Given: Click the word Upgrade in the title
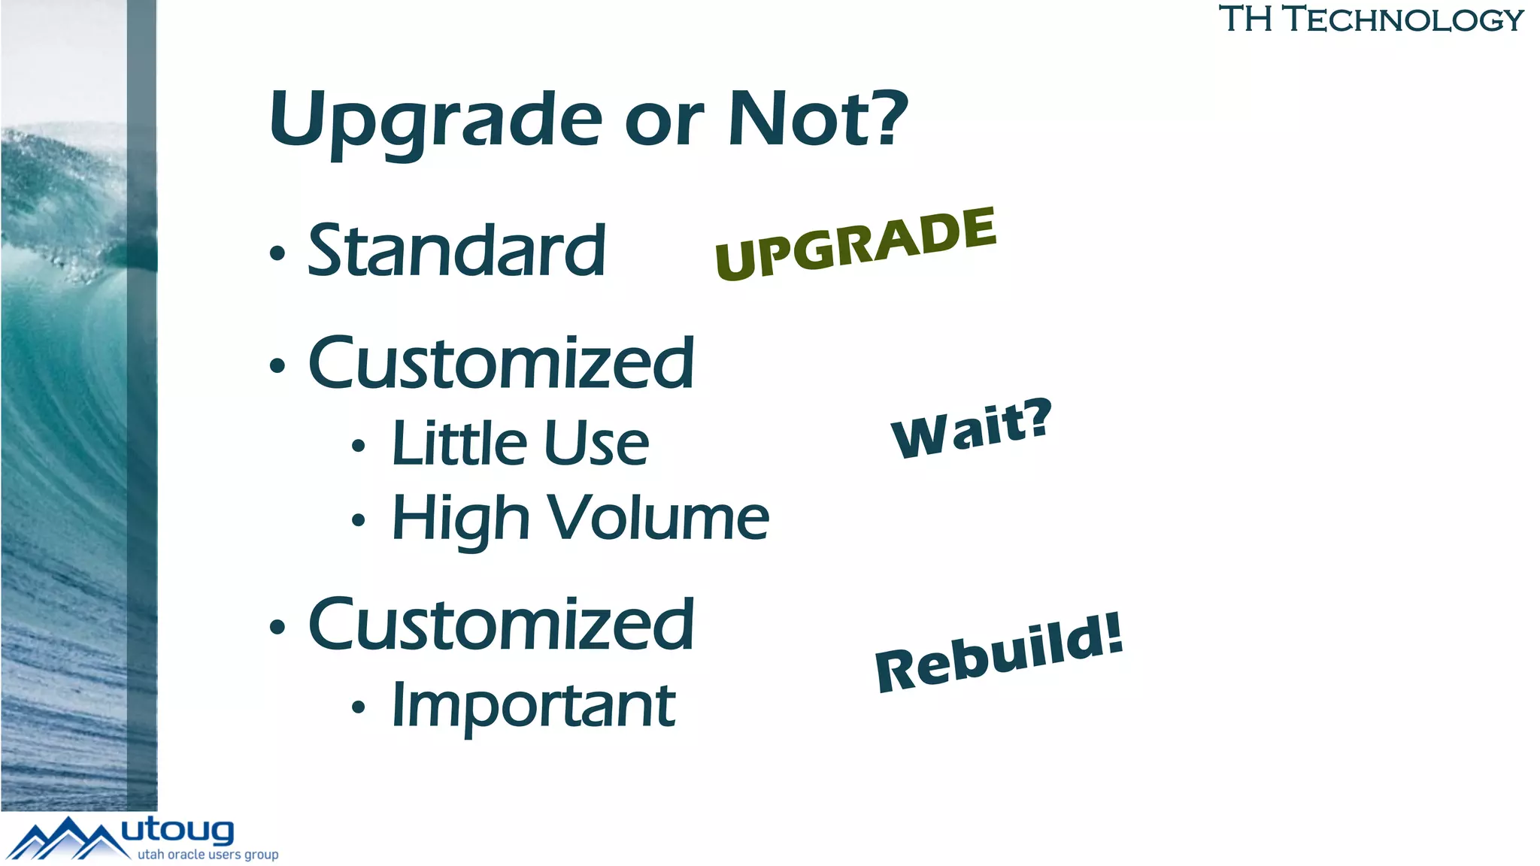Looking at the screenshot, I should point(436,120).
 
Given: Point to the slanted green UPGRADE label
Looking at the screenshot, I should point(856,244).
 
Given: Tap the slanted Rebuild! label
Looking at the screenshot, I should point(999,653).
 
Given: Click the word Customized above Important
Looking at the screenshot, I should point(501,625).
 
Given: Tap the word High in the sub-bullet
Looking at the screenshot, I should point(461,519).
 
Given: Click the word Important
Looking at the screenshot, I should point(533,706).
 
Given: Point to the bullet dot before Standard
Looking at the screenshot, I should point(277,254).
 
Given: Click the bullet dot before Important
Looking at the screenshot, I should point(359,707).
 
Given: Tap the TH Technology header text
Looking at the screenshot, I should point(1371,19).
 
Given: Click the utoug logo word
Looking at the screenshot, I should point(178,830).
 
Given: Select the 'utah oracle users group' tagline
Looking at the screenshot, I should point(208,855).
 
